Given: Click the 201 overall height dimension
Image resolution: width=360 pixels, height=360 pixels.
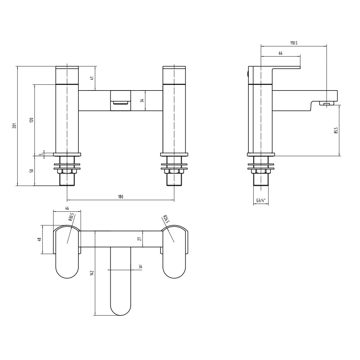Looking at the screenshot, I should (14, 126).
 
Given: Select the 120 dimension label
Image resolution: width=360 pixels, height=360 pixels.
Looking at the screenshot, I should (32, 120).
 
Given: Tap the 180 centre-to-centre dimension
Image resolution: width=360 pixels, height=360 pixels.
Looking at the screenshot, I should (120, 197).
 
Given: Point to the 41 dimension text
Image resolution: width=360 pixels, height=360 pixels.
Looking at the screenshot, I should (93, 78).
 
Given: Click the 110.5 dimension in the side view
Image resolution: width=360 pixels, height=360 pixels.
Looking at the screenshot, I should (294, 43).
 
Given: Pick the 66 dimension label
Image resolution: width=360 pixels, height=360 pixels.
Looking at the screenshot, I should (280, 53).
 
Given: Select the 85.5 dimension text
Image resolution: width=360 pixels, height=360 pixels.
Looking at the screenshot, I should (336, 130).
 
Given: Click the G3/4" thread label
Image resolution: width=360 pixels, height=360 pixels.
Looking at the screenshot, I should (261, 201).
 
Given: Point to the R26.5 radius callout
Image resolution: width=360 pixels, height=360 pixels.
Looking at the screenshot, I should (166, 220).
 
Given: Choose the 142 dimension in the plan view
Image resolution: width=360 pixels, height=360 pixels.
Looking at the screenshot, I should (92, 273).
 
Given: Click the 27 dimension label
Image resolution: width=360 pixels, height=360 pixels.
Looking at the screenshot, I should (140, 239).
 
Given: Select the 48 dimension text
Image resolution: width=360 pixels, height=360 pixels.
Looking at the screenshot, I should (39, 239).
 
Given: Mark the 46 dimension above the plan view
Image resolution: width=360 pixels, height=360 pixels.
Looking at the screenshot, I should (67, 208).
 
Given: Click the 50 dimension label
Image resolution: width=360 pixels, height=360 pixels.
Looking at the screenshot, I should (32, 171).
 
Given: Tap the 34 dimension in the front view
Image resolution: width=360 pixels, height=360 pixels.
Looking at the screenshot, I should (142, 100).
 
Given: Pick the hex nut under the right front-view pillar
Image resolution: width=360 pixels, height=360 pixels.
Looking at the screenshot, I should (174, 171).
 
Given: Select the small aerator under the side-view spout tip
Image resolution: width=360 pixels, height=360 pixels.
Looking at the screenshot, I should (328, 104).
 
